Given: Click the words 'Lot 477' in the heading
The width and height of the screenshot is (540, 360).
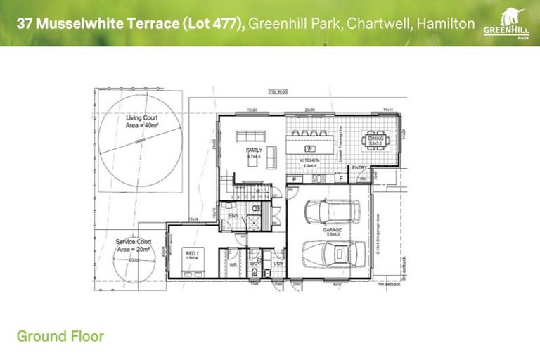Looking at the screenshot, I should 212,24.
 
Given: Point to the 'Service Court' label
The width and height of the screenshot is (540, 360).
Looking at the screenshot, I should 134,245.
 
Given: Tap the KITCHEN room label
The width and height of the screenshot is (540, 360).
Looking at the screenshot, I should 310,161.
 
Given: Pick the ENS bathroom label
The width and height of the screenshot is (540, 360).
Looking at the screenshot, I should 232,215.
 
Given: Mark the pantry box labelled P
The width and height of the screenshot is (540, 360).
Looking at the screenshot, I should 293,179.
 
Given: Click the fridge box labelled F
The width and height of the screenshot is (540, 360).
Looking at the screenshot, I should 341,179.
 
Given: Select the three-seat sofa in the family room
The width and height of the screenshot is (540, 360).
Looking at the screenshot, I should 252,136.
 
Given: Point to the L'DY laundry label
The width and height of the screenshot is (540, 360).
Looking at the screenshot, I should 278,263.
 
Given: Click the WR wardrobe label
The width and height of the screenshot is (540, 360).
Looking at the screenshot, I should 232,266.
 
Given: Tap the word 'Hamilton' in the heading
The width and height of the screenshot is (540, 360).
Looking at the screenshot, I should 445,24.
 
